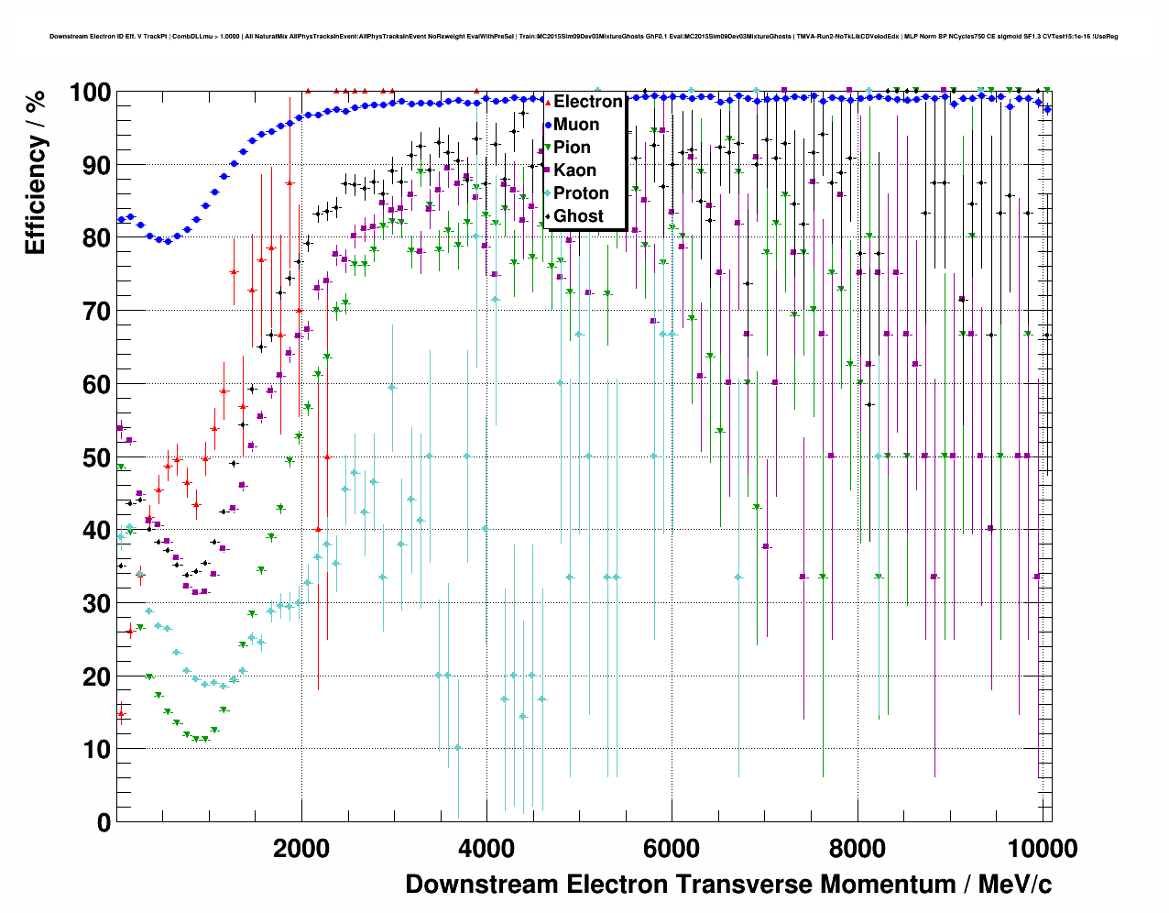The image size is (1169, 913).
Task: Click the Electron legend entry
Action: pos(587,102)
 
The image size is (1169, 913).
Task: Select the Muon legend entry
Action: pos(576,125)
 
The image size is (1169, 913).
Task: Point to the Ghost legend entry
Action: pos(578,216)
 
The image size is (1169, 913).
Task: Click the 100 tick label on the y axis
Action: pos(90,93)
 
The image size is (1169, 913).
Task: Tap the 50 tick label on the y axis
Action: pos(96,457)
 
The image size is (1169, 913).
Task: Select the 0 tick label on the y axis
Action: pos(104,822)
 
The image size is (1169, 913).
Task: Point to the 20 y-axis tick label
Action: pos(96,676)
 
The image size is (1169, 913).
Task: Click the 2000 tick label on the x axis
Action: pos(301,849)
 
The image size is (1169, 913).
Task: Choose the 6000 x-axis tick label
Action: pos(672,849)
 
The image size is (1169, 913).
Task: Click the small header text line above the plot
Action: pos(584,37)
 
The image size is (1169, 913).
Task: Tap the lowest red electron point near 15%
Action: pos(121,714)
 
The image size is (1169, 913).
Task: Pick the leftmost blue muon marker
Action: pos(121,219)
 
